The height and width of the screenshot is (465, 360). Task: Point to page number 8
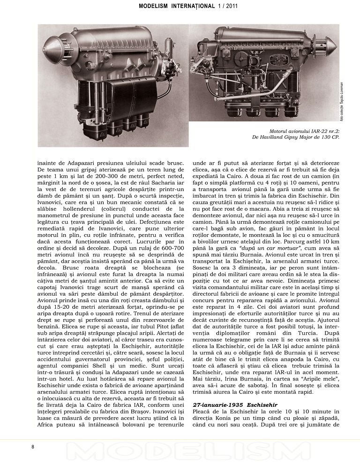32,446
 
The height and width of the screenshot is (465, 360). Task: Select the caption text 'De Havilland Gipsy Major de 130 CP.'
295,137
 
